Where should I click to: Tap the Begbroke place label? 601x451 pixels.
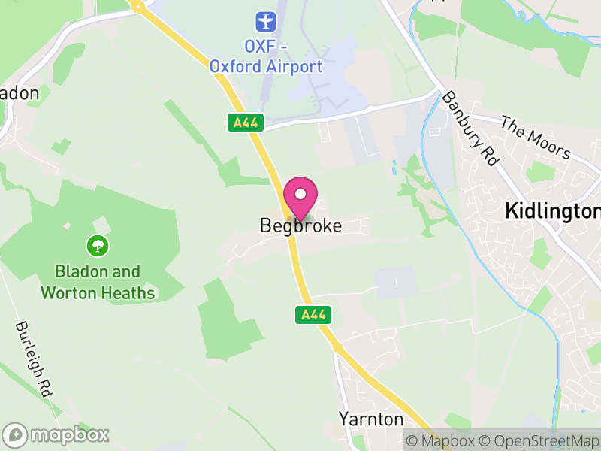tap(300, 225)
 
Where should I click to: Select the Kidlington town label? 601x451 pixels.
tap(552, 210)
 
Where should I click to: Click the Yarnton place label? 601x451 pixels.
tap(371, 419)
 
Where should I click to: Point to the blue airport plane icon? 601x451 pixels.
tap(265, 20)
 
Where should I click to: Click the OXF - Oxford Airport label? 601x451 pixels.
tap(265, 57)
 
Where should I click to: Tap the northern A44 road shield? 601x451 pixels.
tap(246, 123)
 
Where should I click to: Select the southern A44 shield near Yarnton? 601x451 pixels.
tap(313, 314)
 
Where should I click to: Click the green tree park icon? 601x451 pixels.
tap(97, 245)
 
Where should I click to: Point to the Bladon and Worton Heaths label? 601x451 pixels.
tap(98, 282)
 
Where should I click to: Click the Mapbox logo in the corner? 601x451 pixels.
tap(57, 434)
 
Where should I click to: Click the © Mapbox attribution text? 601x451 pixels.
tap(443, 440)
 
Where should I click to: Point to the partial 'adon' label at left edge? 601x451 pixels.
tap(19, 93)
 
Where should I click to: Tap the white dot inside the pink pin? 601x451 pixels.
tap(300, 194)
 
